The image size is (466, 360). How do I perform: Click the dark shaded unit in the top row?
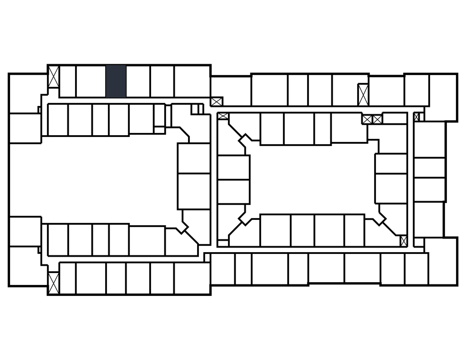(116, 81)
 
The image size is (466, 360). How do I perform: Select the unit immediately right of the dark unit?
(138, 81)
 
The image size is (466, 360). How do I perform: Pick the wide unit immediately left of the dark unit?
(91, 81)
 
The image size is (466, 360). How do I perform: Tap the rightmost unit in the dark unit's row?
(192, 81)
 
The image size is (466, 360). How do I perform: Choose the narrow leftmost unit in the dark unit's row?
(67, 81)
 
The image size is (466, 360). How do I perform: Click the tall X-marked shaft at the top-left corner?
(54, 77)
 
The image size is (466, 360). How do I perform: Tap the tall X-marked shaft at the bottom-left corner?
(54, 283)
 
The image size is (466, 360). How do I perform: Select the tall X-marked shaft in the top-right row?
(363, 95)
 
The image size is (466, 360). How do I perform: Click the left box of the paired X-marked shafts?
(367, 119)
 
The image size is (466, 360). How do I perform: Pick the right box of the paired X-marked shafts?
(377, 119)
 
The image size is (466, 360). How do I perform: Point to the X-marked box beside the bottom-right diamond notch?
(403, 240)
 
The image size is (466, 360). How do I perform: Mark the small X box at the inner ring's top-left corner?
(223, 116)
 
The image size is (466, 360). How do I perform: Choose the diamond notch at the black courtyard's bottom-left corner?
(245, 218)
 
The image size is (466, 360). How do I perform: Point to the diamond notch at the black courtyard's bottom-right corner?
(379, 218)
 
